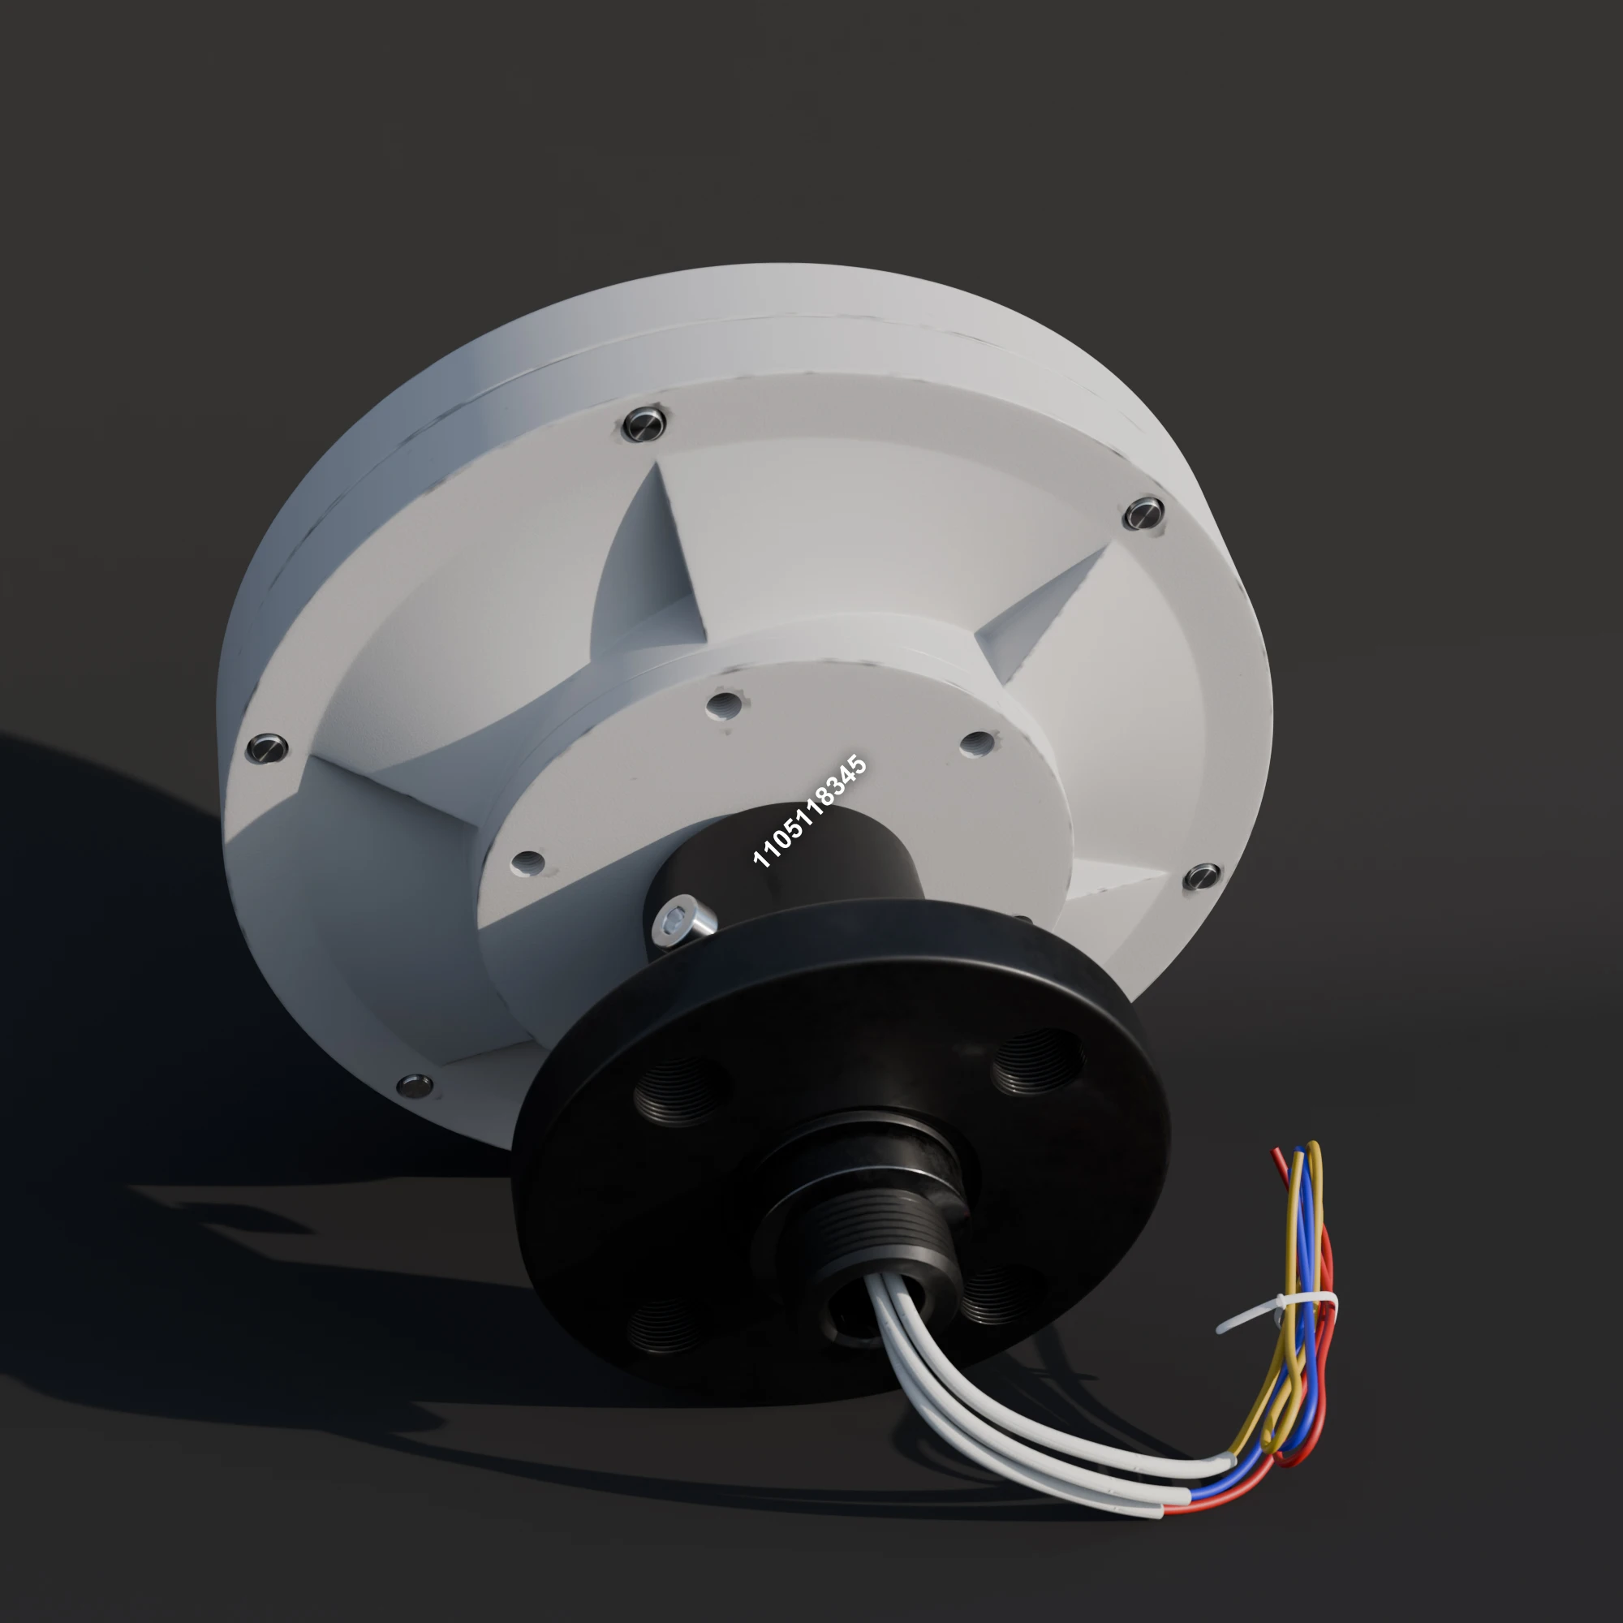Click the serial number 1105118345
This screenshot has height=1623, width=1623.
click(809, 811)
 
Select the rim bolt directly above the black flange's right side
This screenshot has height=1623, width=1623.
click(1202, 877)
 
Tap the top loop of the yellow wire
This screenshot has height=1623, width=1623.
click(1313, 1149)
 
